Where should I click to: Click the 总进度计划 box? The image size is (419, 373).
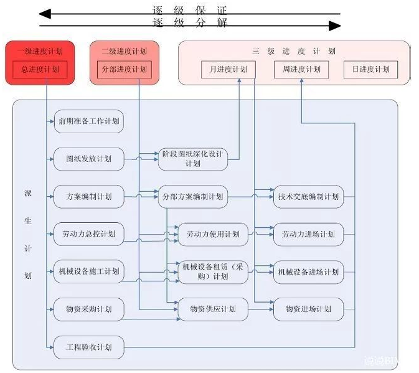(x=40, y=70)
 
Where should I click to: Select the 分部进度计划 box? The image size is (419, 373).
(x=125, y=70)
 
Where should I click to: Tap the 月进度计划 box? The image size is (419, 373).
(x=224, y=70)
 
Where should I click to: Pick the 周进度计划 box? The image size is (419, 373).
(x=301, y=70)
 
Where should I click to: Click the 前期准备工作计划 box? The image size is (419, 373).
(x=88, y=121)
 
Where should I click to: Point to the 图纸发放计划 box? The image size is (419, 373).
(x=88, y=159)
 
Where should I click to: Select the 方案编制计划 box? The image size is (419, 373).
(x=88, y=197)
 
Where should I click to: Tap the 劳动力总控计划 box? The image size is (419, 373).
(x=88, y=234)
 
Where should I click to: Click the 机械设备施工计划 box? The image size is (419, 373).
(x=88, y=271)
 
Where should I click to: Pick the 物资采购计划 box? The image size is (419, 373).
(x=88, y=309)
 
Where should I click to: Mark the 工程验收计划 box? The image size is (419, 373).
(x=88, y=347)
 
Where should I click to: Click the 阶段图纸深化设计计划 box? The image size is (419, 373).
(x=193, y=159)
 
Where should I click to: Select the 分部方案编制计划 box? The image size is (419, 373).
(x=193, y=197)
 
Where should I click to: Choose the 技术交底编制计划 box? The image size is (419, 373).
(x=308, y=197)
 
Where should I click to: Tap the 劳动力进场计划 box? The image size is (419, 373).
(x=308, y=234)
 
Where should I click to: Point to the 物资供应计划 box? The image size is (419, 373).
(x=213, y=309)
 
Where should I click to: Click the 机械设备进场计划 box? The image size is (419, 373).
(x=308, y=272)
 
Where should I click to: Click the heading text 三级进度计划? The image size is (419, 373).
(x=293, y=52)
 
